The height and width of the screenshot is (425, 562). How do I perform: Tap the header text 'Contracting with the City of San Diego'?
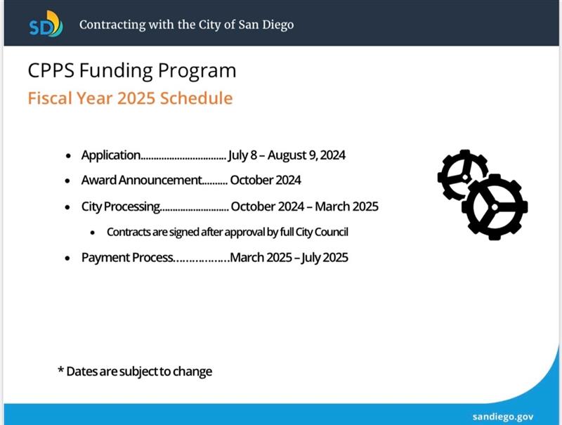pyautogui.click(x=186, y=25)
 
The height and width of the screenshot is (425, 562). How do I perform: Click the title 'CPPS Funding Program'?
pyautogui.click(x=132, y=70)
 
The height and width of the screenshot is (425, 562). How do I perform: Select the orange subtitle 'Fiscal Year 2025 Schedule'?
pyautogui.click(x=130, y=98)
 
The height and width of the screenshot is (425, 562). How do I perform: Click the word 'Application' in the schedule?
pyautogui.click(x=111, y=155)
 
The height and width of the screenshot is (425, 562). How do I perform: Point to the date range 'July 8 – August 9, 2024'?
pyautogui.click(x=287, y=155)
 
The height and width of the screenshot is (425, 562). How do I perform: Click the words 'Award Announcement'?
pyautogui.click(x=140, y=181)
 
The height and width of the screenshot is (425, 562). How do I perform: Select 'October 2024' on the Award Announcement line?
pyautogui.click(x=266, y=181)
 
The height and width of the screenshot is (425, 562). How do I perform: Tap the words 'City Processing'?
pyautogui.click(x=121, y=207)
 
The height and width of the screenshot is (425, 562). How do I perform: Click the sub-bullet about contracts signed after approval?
pyautogui.click(x=228, y=232)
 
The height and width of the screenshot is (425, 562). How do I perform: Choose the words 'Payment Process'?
pyautogui.click(x=126, y=258)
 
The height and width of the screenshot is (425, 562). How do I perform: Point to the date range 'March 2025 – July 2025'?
pyautogui.click(x=289, y=258)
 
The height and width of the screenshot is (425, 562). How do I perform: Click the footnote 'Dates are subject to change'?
pyautogui.click(x=139, y=371)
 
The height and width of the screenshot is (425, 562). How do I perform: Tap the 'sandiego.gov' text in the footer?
pyautogui.click(x=503, y=415)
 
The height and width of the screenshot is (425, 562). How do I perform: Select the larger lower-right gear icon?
pyautogui.click(x=496, y=207)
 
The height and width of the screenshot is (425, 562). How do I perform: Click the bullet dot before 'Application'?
pyautogui.click(x=67, y=155)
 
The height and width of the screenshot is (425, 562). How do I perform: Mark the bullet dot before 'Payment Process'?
pyautogui.click(x=67, y=259)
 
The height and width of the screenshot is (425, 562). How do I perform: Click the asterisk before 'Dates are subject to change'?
pyautogui.click(x=60, y=370)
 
